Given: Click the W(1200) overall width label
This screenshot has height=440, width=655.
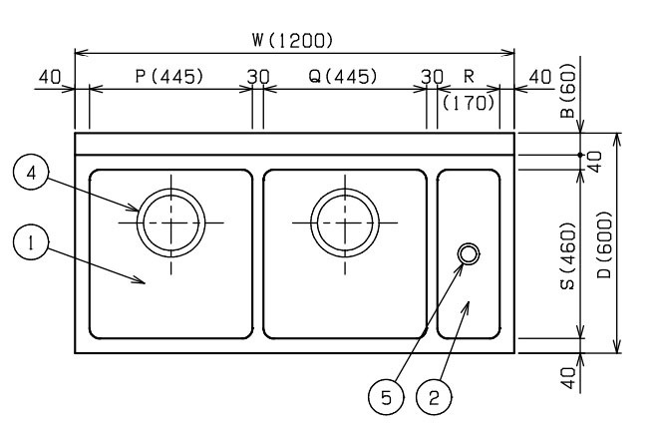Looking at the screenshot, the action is [x=292, y=41].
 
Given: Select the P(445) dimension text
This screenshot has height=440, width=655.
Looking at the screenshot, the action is [x=169, y=77].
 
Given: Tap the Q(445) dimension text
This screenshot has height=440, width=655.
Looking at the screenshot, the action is [x=343, y=77].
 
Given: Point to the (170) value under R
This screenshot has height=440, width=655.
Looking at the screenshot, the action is [x=469, y=103].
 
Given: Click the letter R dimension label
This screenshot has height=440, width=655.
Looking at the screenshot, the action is [x=470, y=77].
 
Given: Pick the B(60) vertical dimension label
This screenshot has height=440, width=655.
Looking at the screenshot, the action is [x=568, y=91].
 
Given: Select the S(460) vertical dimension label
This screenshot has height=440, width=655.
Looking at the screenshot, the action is [x=568, y=256].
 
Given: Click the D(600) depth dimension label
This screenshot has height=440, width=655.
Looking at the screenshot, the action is [x=604, y=245].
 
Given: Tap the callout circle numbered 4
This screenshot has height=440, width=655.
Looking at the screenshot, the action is [x=31, y=173].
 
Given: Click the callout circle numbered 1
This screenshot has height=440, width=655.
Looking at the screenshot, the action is [x=31, y=243].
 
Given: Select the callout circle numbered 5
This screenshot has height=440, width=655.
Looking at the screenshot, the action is [x=387, y=397].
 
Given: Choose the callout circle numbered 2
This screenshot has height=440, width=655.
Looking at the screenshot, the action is [x=434, y=397].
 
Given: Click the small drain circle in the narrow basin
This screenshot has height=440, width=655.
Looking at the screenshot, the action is [x=469, y=253].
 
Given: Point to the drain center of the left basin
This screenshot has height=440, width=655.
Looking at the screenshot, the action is [x=170, y=222].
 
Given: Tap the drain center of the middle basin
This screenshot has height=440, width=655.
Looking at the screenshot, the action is [x=345, y=222].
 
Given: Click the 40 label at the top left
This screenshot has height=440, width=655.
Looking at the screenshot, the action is [x=50, y=77].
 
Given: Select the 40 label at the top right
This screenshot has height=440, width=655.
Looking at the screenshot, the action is [x=540, y=77].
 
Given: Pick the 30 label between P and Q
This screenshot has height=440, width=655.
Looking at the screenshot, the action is [x=258, y=77].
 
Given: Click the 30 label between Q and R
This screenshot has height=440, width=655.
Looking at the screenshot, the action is [x=432, y=77].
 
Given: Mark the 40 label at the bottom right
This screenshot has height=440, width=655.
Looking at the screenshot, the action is [x=568, y=378].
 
